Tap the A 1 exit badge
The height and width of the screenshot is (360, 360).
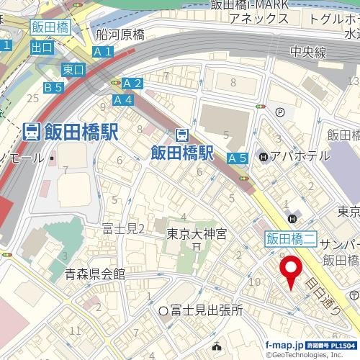pyautogui.click(x=103, y=51)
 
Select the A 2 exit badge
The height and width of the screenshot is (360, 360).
pyautogui.click(x=133, y=84)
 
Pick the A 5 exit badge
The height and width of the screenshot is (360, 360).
pyautogui.click(x=238, y=158)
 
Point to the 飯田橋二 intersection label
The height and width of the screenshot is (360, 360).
pyautogui.click(x=291, y=237)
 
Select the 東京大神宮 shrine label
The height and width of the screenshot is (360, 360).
pyautogui.click(x=197, y=234)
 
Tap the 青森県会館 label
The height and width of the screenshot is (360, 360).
pyautogui.click(x=94, y=274)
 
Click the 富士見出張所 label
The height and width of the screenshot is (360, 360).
pyautogui.click(x=206, y=310)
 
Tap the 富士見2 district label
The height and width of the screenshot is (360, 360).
pyautogui.click(x=124, y=229)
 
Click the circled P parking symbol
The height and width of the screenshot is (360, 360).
pyautogui.click(x=279, y=112)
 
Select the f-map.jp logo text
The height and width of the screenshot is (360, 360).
pyautogui.click(x=285, y=345)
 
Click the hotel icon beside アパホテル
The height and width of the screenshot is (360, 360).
pyautogui.click(x=264, y=156)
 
